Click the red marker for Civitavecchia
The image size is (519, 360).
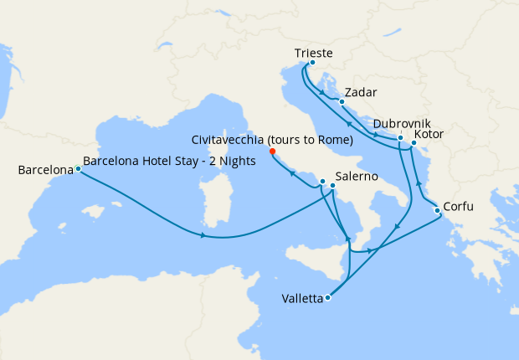point(273,152)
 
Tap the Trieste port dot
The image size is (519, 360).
point(312,63)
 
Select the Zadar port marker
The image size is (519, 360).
point(342,102)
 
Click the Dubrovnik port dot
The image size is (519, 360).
point(401,138)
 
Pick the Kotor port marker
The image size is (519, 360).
point(414,143)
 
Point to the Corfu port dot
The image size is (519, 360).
point(437,210)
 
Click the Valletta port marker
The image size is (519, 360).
point(327,297)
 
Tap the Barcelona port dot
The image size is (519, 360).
point(78,169)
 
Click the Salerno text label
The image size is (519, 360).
point(357,177)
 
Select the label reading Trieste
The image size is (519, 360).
point(314,53)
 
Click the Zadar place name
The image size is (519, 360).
point(361,92)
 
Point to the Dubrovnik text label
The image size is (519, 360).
point(403,123)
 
